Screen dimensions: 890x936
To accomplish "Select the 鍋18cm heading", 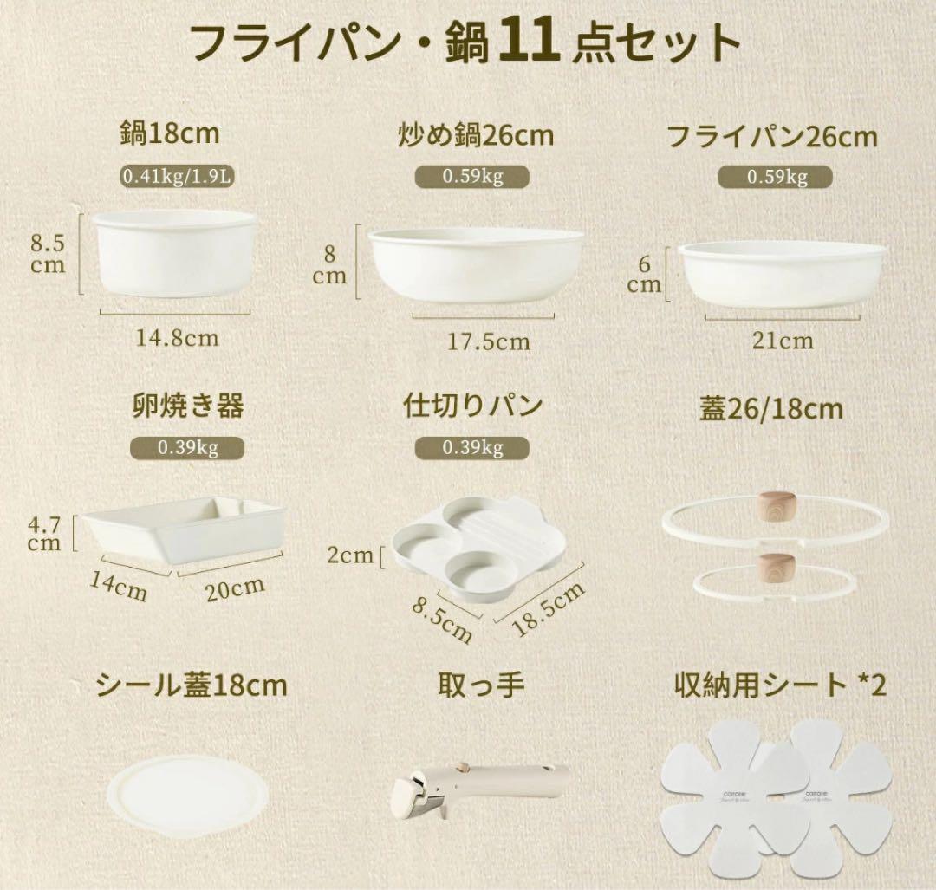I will point(170,134).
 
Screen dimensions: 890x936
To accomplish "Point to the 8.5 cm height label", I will point(49,252).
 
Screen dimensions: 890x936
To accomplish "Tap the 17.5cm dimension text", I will point(488,341).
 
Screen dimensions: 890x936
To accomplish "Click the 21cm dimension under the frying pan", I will point(783,340).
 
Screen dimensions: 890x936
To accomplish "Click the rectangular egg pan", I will point(183,528).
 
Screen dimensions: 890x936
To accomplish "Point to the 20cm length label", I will point(235,588).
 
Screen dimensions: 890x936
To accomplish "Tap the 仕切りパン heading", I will point(473,406).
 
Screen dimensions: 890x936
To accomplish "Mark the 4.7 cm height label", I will point(46,534).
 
